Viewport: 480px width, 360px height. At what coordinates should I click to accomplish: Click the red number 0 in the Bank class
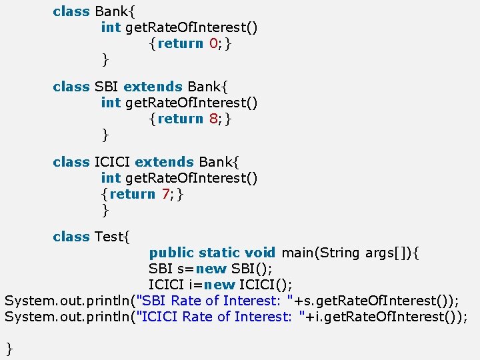[x=214, y=43]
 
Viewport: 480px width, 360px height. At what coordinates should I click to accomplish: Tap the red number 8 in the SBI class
[x=214, y=119]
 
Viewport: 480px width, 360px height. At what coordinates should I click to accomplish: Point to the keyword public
[x=171, y=253]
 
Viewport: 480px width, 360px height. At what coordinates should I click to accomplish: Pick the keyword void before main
[x=260, y=253]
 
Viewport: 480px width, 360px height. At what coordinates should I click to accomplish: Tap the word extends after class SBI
[x=153, y=87]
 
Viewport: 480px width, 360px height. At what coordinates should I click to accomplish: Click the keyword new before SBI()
[x=211, y=269]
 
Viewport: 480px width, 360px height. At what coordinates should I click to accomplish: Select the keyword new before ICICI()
[x=220, y=285]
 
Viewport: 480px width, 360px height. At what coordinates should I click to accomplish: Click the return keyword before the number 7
[x=132, y=194]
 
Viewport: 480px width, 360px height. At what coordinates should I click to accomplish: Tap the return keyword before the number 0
[x=180, y=43]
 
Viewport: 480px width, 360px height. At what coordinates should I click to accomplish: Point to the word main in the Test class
[x=297, y=253]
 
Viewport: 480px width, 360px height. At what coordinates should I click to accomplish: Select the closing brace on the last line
[x=9, y=347]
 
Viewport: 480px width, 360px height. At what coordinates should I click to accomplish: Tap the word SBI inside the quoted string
[x=155, y=301]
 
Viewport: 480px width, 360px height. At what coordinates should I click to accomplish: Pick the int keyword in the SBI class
[x=110, y=103]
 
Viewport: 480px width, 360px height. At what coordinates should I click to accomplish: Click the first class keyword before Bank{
[x=71, y=11]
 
